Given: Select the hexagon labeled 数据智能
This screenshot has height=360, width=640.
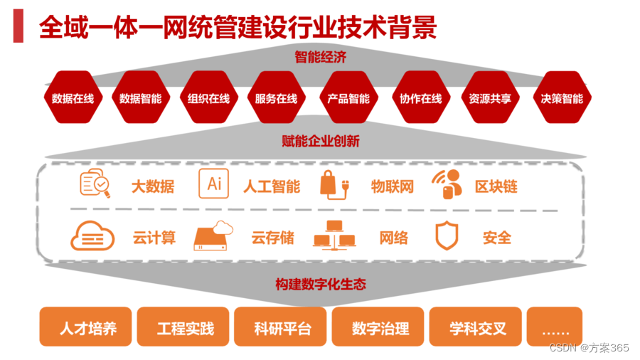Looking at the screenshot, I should point(141,98).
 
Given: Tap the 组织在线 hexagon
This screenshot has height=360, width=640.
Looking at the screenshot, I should point(208,98).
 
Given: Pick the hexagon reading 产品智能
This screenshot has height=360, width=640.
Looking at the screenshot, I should point(348,98).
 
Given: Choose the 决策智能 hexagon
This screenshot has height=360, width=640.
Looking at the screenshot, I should point(562,98).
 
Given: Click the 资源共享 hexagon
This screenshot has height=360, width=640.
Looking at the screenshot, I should point(491,98).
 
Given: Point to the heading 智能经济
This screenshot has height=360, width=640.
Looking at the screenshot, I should point(320,58).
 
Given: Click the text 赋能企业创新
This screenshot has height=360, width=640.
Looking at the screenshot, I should point(320,141).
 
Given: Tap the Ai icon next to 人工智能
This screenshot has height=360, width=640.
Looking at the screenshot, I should point(213,184).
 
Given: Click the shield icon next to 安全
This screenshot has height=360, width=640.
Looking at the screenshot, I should point(447,237).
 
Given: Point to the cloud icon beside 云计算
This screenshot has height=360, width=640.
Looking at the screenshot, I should point(92,236).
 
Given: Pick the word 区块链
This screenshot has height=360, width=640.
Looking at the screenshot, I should point(496,187).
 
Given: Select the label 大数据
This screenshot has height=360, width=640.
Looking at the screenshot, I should point(152,187).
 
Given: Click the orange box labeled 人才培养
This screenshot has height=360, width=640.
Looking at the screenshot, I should point(87,329).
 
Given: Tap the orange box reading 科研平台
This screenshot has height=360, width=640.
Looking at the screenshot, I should point(282,329).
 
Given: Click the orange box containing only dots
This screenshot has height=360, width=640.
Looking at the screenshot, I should point(555,329).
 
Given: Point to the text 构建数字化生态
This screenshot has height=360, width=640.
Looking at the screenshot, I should point(320,284).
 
